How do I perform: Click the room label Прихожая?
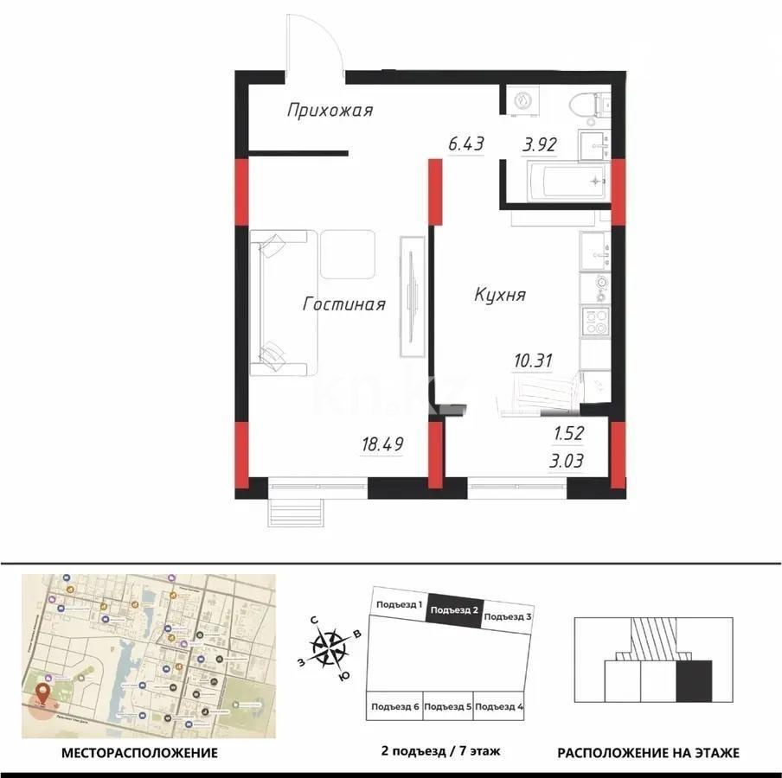coord(330,111)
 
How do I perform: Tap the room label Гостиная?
coord(343,303)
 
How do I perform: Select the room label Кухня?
coord(499,295)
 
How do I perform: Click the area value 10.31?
coord(533,361)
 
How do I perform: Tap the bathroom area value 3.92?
coord(537,144)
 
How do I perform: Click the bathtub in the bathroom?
coord(558,182)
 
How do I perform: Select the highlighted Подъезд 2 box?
coord(453,609)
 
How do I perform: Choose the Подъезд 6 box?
coord(395,706)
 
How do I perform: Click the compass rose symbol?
coord(329,646)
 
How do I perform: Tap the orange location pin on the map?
coord(42,695)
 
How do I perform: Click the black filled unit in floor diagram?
coord(693,680)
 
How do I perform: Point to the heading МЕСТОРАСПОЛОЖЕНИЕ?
coord(139,753)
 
